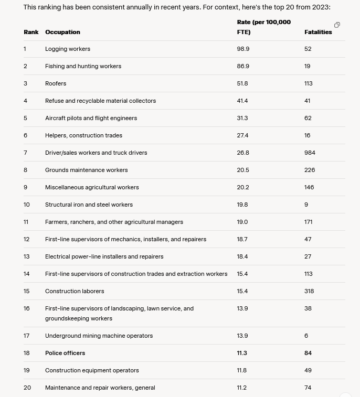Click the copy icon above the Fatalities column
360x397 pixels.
pos(337,25)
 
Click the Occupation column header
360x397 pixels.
pos(62,32)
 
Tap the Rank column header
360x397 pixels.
pos(31,32)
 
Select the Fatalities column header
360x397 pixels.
pos(318,32)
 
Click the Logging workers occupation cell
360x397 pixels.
pos(68,49)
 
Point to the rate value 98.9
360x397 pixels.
pos(243,49)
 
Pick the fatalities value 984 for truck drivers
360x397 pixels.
pos(310,153)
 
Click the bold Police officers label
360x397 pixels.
pos(65,353)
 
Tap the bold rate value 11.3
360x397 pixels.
pos(242,353)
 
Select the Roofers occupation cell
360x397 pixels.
pos(56,83)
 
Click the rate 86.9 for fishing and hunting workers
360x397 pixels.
pos(243,66)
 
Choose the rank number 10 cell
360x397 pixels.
pos(27,205)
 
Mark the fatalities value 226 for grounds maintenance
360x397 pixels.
pos(310,170)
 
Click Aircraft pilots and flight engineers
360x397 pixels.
pos(91,118)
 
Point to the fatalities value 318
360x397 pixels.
pos(309,291)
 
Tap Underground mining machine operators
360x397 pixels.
pos(99,336)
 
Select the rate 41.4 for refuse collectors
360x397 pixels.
pos(242,101)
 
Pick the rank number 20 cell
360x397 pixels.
pos(27,388)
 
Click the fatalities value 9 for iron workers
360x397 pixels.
pos(306,205)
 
